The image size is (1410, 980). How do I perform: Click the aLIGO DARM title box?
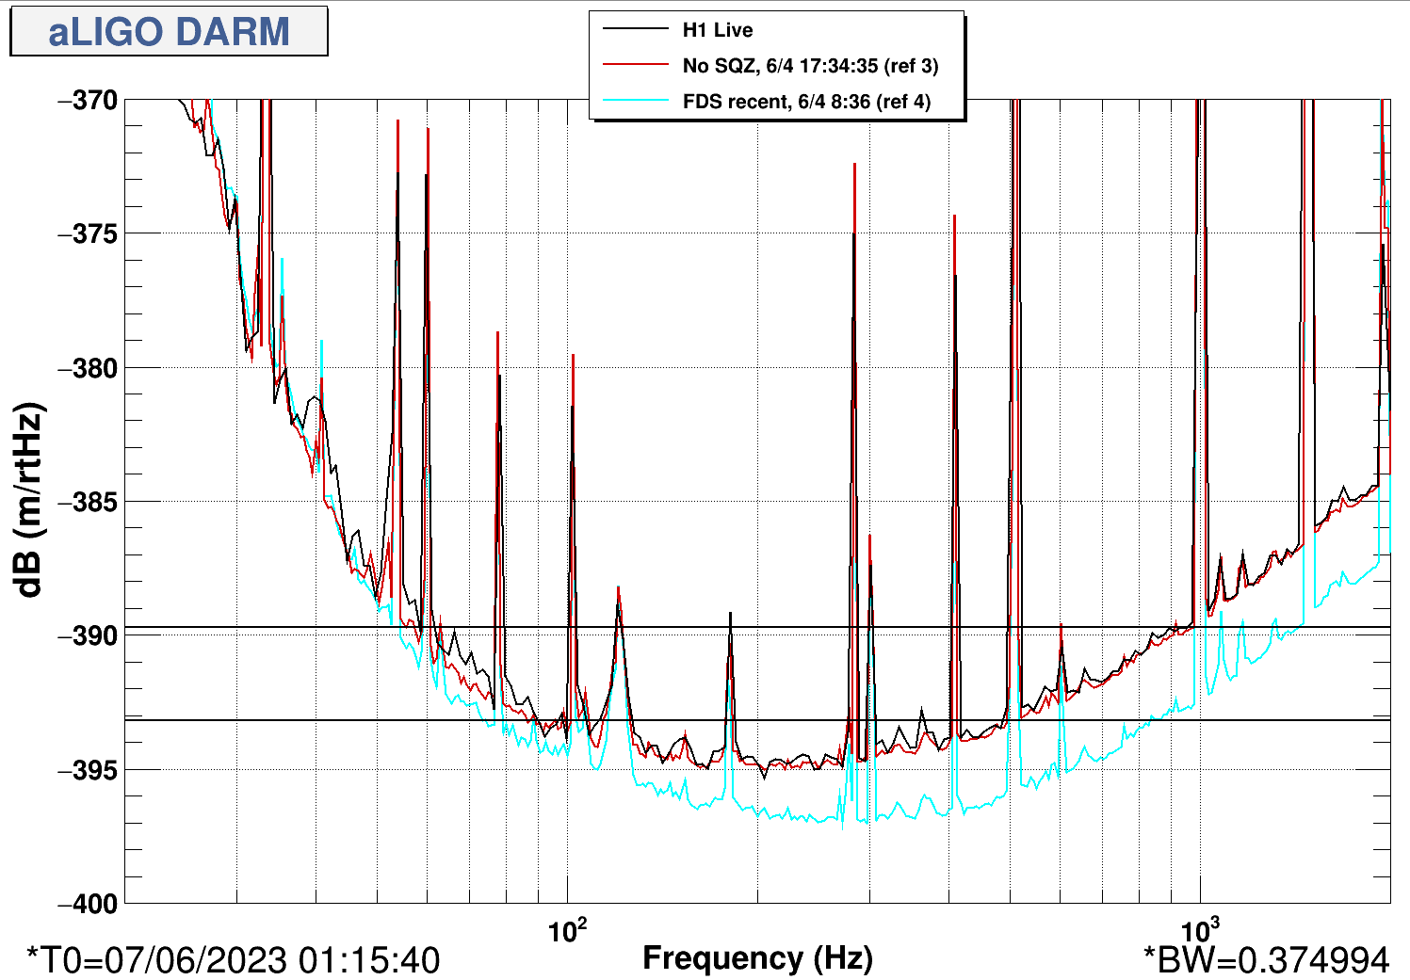[x=169, y=31]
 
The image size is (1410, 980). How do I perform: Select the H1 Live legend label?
[x=718, y=30]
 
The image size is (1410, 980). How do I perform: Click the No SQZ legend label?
[x=810, y=66]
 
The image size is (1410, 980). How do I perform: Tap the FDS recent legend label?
[x=806, y=102]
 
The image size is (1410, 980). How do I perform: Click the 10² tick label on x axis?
[x=567, y=930]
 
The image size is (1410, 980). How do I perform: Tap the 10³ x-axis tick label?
[x=1200, y=930]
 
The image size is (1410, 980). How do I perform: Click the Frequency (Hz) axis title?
[x=757, y=958]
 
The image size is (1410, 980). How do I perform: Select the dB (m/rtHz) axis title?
[x=30, y=501]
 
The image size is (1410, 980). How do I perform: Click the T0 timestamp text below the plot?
[x=234, y=960]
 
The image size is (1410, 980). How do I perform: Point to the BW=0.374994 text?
[x=1266, y=960]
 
